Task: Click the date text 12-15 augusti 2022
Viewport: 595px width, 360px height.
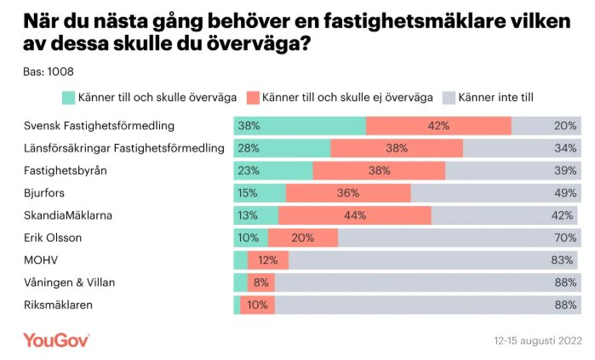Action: (537, 340)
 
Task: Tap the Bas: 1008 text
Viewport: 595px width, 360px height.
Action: (48, 71)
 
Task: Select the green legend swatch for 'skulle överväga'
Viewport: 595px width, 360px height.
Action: (68, 97)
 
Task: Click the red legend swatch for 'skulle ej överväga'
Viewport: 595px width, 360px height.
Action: (253, 97)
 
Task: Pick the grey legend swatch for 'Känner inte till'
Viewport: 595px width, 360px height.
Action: (449, 97)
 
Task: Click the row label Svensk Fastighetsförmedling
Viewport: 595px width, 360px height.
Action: (99, 126)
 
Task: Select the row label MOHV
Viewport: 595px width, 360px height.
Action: (37, 260)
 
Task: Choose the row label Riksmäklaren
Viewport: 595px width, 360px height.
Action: (57, 304)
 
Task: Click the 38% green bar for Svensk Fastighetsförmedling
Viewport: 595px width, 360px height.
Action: (300, 126)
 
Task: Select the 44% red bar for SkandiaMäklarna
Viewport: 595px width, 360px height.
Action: (355, 215)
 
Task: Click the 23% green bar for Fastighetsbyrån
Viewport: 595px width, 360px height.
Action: (273, 170)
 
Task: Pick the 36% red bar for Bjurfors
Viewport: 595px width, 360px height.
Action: (348, 192)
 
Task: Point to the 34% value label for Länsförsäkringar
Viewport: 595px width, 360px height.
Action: (564, 148)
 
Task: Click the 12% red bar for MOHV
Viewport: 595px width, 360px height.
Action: (268, 260)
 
